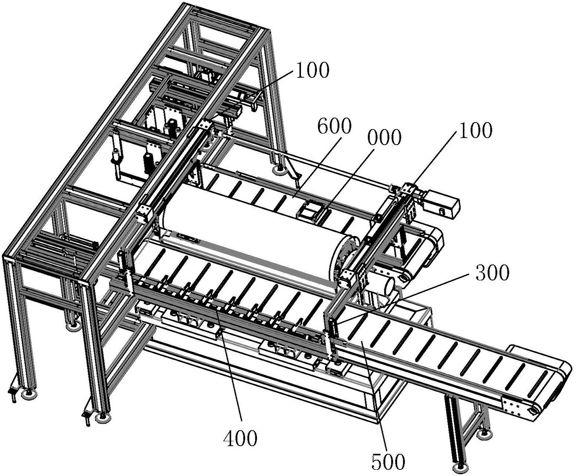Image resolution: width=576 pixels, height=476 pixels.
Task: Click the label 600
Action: pyautogui.click(x=333, y=127)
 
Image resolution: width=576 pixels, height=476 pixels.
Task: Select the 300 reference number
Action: pyautogui.click(x=491, y=273)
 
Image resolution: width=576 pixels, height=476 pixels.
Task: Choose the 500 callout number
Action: pyautogui.click(x=388, y=461)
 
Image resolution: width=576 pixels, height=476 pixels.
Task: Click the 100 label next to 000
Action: pyautogui.click(x=475, y=130)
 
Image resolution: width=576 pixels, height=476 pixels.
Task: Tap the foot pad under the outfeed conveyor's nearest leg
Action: pyautogui.click(x=461, y=466)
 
